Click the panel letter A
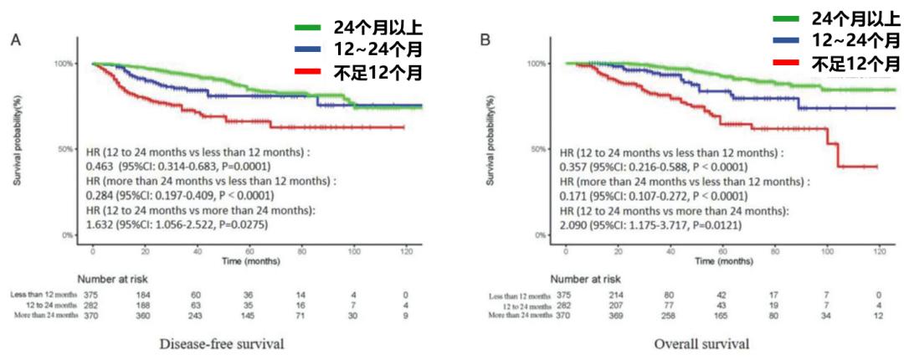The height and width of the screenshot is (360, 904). (x=16, y=40)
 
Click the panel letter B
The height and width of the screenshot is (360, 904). (x=484, y=40)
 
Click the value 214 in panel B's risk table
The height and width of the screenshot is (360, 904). (x=616, y=295)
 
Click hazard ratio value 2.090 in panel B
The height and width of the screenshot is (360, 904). (x=575, y=224)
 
